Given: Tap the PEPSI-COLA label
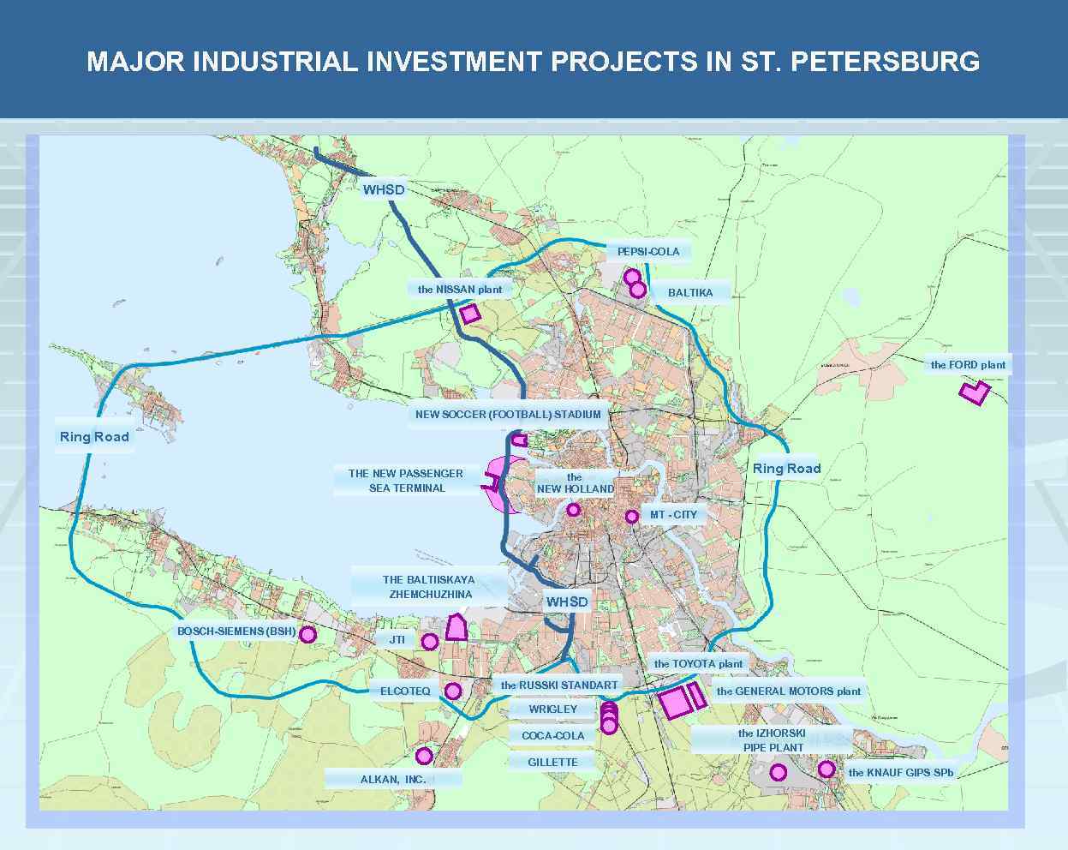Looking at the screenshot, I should tap(648, 251).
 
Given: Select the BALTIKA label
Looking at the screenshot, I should tap(689, 292).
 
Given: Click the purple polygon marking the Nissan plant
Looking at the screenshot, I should tap(470, 314).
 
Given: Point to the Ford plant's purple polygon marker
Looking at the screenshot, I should tap(974, 392).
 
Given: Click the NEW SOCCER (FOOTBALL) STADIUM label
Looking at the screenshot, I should tap(508, 414).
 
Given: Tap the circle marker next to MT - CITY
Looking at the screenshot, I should tap(631, 516).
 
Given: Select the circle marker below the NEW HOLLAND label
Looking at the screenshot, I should tap(573, 510).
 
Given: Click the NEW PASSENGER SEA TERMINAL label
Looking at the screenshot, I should tap(406, 481).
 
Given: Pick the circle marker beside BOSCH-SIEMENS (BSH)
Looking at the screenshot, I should tap(307, 634).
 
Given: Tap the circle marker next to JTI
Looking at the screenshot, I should tap(430, 641).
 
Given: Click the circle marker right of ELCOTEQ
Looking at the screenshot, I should tap(453, 691).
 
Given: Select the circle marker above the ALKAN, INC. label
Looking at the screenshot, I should tap(423, 756).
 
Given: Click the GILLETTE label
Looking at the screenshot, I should tap(552, 762).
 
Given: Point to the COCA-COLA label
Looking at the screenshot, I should tap(552, 735).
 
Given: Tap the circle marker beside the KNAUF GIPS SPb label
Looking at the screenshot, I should tap(826, 769).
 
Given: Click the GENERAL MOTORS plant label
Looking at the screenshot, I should tap(788, 691).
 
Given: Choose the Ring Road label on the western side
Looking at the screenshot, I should tap(94, 436).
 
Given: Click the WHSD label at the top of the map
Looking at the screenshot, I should tap(383, 189).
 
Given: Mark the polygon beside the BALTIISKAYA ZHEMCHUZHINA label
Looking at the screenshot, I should tap(456, 628).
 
